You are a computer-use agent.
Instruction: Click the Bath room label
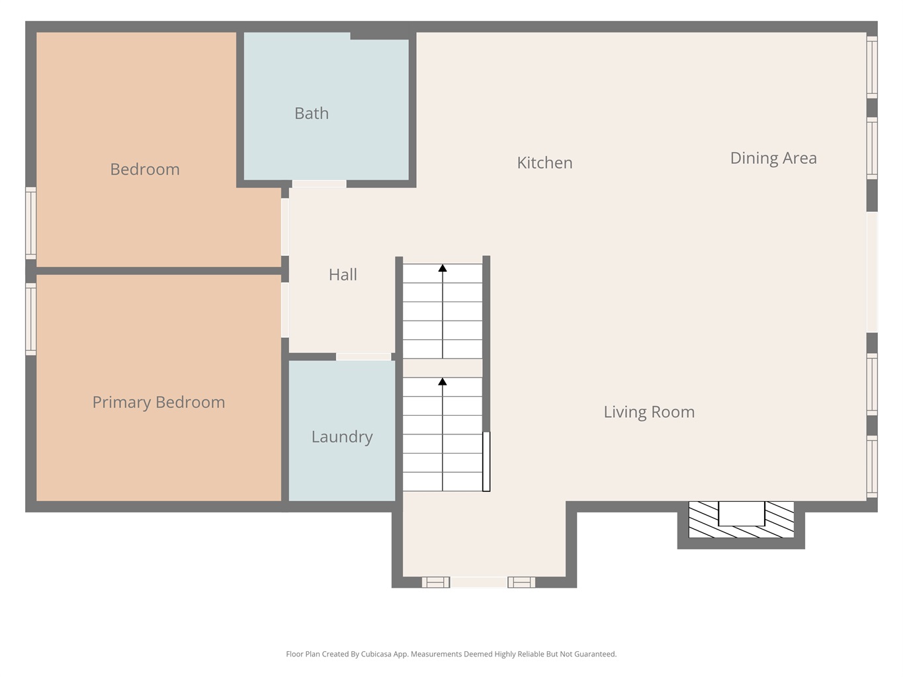coord(312,114)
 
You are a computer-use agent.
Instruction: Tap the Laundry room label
coord(342,437)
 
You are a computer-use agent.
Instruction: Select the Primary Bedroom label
coord(158,403)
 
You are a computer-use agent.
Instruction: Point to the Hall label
coord(343,274)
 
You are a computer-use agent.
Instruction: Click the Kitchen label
coord(544,163)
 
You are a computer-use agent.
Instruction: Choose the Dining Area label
coord(773,158)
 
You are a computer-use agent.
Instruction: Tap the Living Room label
coord(649,412)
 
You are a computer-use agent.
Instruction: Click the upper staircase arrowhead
coord(443,268)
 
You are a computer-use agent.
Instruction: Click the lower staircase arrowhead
coord(443,381)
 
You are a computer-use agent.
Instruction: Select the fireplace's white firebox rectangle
coord(742,514)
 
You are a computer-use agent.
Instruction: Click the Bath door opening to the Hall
coord(320,184)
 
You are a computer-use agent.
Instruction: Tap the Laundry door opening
coord(364,357)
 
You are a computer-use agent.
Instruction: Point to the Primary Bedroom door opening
coord(284,310)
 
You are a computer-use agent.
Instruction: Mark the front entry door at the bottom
coord(479,582)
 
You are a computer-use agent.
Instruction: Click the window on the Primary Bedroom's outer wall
coord(31,319)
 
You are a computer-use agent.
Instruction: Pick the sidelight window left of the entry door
coord(436,582)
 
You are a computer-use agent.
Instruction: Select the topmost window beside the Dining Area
coord(872,67)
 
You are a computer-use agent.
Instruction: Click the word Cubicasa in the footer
coord(376,654)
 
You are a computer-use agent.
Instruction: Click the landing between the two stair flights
coord(443,368)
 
